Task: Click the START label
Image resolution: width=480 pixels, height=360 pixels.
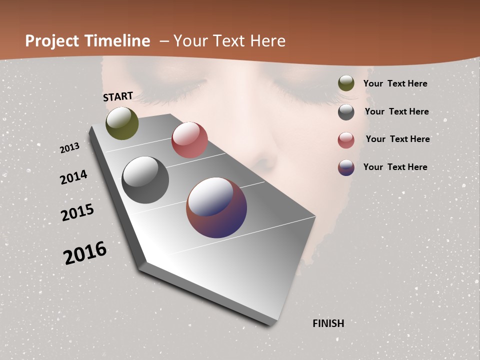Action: tap(118, 96)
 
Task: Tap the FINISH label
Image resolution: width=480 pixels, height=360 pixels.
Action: tap(328, 323)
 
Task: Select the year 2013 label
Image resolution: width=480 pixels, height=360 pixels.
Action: tap(69, 148)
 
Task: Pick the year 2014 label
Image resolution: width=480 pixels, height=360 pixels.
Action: tap(73, 177)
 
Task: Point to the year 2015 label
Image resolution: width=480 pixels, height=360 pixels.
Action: tap(77, 212)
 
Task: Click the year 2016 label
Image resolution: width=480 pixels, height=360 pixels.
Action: tap(85, 252)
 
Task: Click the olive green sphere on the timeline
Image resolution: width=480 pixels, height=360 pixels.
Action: tap(122, 123)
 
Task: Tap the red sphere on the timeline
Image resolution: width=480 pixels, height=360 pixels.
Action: tap(189, 140)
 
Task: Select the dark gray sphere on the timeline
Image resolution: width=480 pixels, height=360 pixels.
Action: tap(145, 180)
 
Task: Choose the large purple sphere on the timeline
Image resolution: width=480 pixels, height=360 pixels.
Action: tap(216, 207)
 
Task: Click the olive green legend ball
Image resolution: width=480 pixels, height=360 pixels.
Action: tap(346, 83)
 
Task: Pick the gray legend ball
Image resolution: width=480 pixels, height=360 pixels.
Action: tap(346, 112)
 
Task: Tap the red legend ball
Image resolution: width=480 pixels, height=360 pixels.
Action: tap(346, 140)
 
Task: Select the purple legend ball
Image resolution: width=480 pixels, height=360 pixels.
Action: tap(346, 167)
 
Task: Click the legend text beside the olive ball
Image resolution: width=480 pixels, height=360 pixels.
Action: tap(395, 84)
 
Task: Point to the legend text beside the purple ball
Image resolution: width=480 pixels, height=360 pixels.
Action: tap(395, 167)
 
